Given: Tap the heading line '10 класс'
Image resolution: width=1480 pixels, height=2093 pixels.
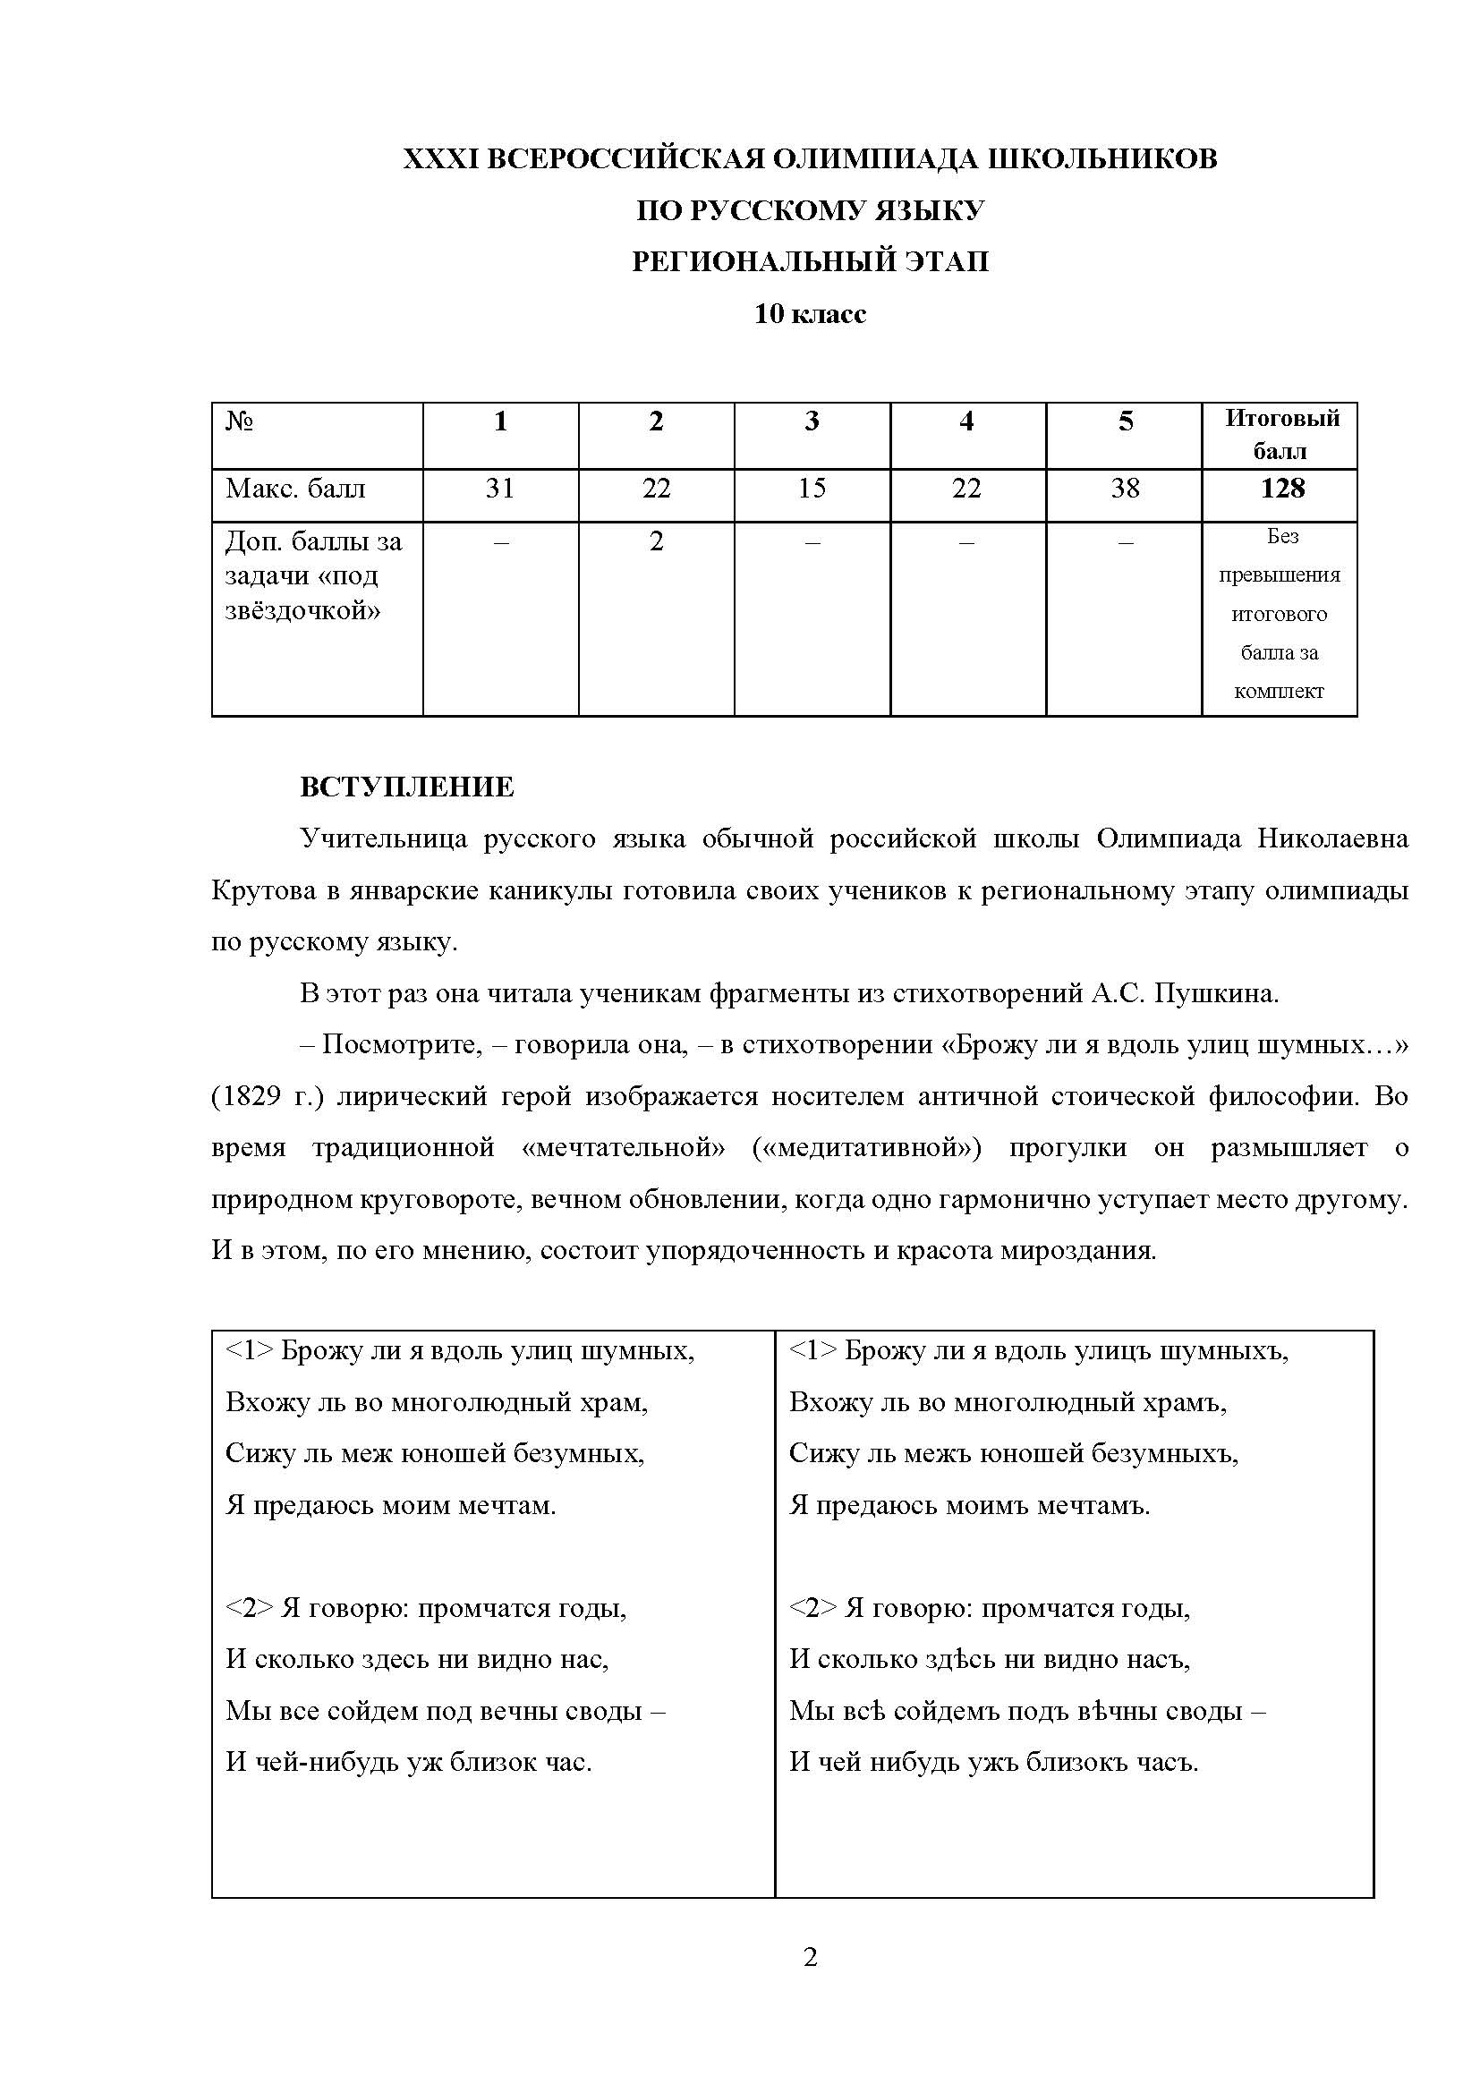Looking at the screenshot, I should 809,314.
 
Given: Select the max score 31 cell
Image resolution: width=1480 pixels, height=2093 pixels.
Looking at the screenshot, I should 500,489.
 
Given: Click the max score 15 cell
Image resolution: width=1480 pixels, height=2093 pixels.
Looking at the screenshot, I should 811,489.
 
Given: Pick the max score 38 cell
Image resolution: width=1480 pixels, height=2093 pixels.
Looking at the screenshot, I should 1125,489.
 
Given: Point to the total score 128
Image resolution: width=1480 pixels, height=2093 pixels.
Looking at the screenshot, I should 1281,489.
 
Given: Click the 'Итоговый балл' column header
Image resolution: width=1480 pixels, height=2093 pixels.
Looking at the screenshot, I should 1281,435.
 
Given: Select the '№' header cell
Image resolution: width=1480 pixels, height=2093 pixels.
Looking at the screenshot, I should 240,421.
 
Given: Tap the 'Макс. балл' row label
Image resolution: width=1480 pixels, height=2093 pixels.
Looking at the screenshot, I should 295,489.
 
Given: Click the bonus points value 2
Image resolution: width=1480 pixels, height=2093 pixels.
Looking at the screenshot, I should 656,541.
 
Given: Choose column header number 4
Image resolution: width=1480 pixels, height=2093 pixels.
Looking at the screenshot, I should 967,421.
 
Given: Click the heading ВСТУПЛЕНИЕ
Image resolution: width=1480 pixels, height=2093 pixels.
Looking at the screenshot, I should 406,787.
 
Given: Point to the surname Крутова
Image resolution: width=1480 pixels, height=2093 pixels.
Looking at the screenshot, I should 263,890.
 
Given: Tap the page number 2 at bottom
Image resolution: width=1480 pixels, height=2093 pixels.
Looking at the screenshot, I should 810,1957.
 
